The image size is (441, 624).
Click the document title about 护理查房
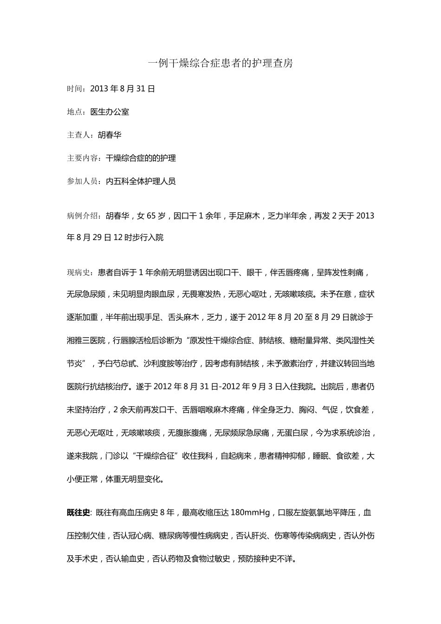tap(220, 63)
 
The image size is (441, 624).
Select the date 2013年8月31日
tap(123, 89)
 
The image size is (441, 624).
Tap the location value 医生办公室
tap(110, 112)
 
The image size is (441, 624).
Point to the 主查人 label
tap(78, 135)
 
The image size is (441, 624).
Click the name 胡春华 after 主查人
tap(110, 135)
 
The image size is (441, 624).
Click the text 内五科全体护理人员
tap(141, 182)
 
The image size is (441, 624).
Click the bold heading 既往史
tap(78, 513)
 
